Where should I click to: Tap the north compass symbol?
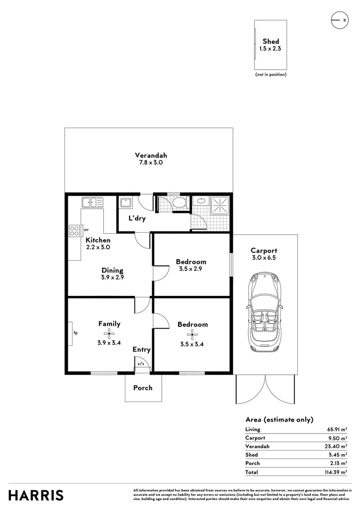(x=339, y=20)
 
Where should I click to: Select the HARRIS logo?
(x=36, y=495)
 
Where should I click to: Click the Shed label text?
(x=270, y=41)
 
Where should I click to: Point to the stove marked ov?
(x=74, y=230)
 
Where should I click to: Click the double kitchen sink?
(x=92, y=203)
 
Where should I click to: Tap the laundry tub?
(x=126, y=203)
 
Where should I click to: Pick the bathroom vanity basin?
(x=200, y=201)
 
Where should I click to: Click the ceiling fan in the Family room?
(x=109, y=335)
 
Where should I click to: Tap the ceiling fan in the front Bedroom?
(x=192, y=335)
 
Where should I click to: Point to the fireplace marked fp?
(x=70, y=333)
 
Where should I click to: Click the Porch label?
(x=143, y=388)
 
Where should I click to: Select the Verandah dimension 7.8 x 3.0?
(x=151, y=163)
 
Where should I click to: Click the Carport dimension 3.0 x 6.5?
(x=264, y=258)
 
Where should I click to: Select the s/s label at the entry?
(x=141, y=364)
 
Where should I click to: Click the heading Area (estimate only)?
(x=279, y=419)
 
